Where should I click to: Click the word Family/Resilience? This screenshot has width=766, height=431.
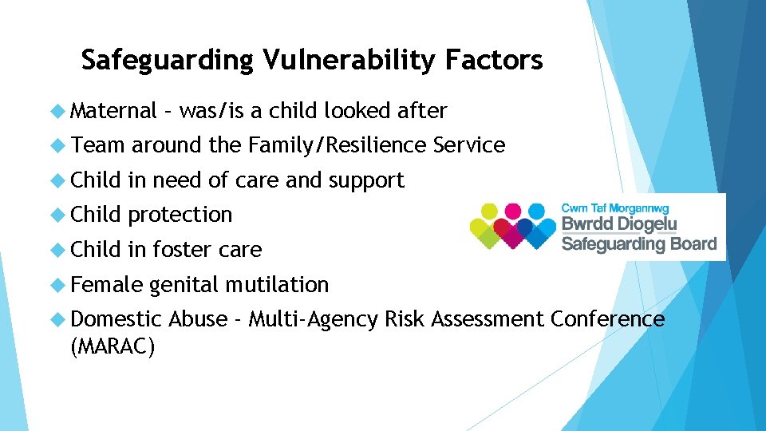[338, 145]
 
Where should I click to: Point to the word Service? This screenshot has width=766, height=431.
[468, 145]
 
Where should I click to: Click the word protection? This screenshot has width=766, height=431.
[180, 215]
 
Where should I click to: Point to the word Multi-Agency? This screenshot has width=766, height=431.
[314, 319]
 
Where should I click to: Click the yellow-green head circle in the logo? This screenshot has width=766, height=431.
[484, 212]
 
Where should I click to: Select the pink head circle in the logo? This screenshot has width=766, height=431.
[513, 212]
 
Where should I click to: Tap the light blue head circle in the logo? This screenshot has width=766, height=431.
[542, 212]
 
